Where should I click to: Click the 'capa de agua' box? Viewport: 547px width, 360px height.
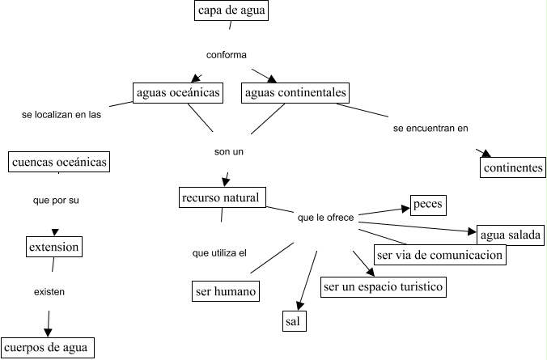click(232, 11)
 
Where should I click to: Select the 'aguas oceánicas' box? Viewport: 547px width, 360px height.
click(179, 93)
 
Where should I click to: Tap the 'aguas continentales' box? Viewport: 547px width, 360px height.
click(295, 93)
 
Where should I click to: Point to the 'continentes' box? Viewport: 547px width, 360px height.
click(513, 168)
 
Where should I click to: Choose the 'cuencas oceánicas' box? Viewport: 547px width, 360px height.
click(59, 162)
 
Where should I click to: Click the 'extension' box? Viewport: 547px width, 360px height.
click(54, 246)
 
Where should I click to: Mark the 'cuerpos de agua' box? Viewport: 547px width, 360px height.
click(49, 348)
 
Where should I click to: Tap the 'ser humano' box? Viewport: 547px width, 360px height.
click(226, 290)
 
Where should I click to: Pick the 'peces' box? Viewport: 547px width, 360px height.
click(428, 205)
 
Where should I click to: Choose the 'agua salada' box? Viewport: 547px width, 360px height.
click(510, 235)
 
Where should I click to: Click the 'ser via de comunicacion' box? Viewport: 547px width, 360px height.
click(440, 255)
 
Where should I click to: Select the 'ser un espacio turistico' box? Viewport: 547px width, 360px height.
click(384, 287)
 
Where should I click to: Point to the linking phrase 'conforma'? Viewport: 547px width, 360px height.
click(227, 55)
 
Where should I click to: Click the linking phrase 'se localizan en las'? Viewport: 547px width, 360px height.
click(61, 115)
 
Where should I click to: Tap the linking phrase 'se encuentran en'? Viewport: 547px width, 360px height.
click(430, 128)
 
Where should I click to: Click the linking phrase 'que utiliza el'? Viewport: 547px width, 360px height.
click(219, 253)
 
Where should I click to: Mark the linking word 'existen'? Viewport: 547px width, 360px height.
click(49, 291)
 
